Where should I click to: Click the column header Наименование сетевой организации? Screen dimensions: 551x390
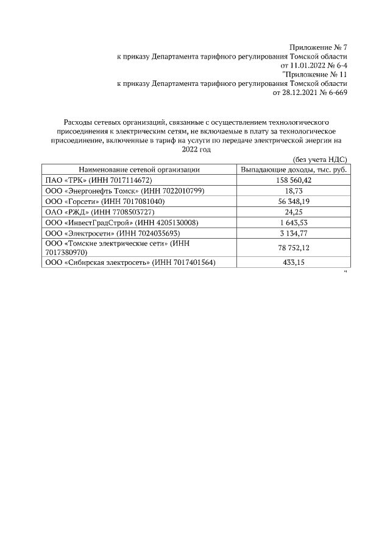[139, 170]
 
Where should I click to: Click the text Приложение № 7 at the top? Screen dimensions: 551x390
[317, 47]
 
